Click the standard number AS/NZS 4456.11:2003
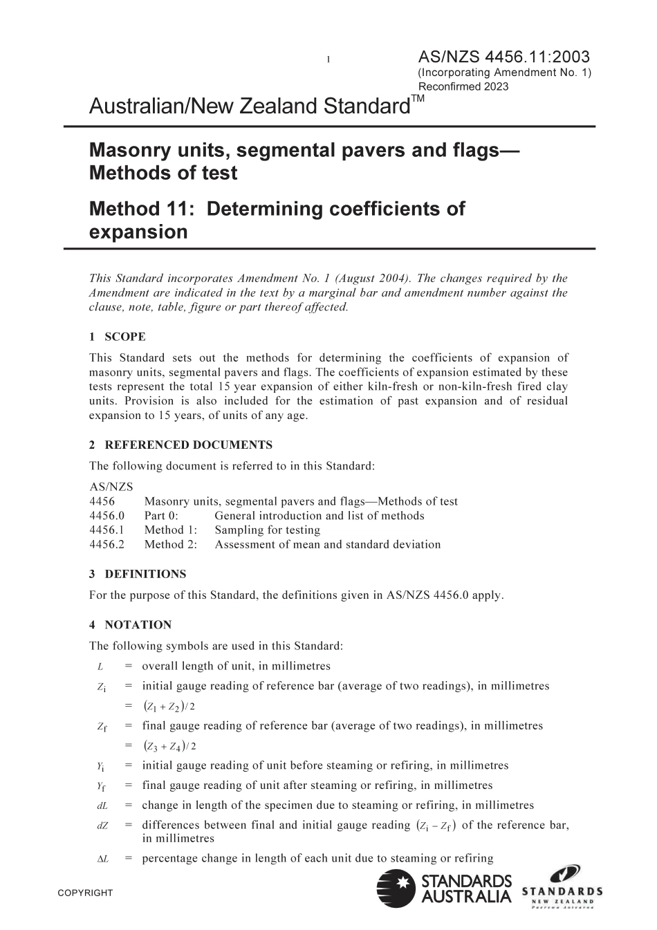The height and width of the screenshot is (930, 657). point(504,57)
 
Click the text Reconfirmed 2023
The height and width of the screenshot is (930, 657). point(463,86)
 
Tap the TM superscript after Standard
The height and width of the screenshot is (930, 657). point(418,99)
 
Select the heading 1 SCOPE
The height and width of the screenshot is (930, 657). point(118,337)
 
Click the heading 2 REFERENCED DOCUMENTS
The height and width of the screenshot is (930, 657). point(181,445)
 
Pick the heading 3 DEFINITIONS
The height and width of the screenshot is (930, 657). point(138,574)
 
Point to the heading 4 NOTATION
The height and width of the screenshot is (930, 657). point(130,624)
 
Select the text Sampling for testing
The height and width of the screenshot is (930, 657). point(267,530)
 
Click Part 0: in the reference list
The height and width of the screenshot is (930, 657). point(161,515)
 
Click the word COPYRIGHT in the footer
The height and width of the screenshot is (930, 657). point(85,893)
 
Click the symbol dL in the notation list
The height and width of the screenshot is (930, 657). point(101,806)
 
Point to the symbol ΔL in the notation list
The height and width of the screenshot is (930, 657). point(101,859)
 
